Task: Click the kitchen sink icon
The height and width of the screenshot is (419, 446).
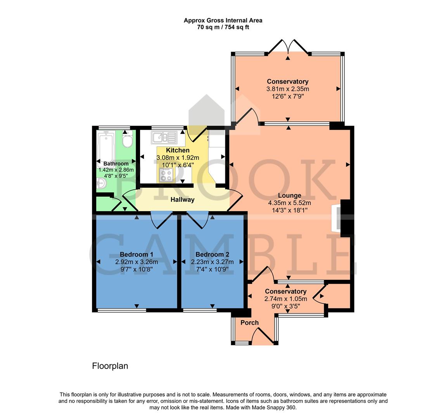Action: tap(164, 137)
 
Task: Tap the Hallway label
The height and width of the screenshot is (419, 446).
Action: tap(183, 200)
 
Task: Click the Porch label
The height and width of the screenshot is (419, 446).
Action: tap(249, 323)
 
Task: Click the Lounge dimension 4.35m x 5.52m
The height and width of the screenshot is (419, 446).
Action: tap(289, 203)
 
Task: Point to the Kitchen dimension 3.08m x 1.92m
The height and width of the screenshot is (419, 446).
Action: tap(178, 158)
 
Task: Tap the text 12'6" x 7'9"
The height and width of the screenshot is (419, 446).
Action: tap(287, 96)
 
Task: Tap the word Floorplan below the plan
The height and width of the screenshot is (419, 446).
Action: tap(110, 366)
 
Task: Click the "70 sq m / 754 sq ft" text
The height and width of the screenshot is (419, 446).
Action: tap(223, 27)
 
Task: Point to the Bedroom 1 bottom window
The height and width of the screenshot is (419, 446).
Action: tap(121, 310)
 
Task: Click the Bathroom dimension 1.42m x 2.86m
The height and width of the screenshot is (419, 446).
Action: tap(116, 170)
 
